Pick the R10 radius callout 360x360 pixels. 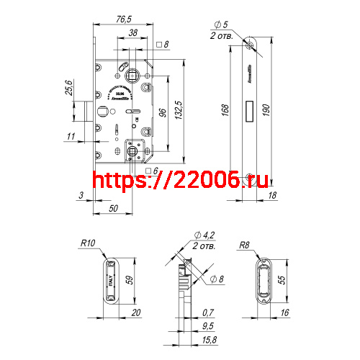click(x=89, y=245)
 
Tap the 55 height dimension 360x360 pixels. click(x=282, y=282)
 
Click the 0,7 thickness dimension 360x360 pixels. click(x=208, y=312)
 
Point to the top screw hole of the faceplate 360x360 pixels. click(x=249, y=46)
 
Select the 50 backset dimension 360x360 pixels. click(x=113, y=208)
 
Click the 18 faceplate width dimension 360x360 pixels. click(x=272, y=194)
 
